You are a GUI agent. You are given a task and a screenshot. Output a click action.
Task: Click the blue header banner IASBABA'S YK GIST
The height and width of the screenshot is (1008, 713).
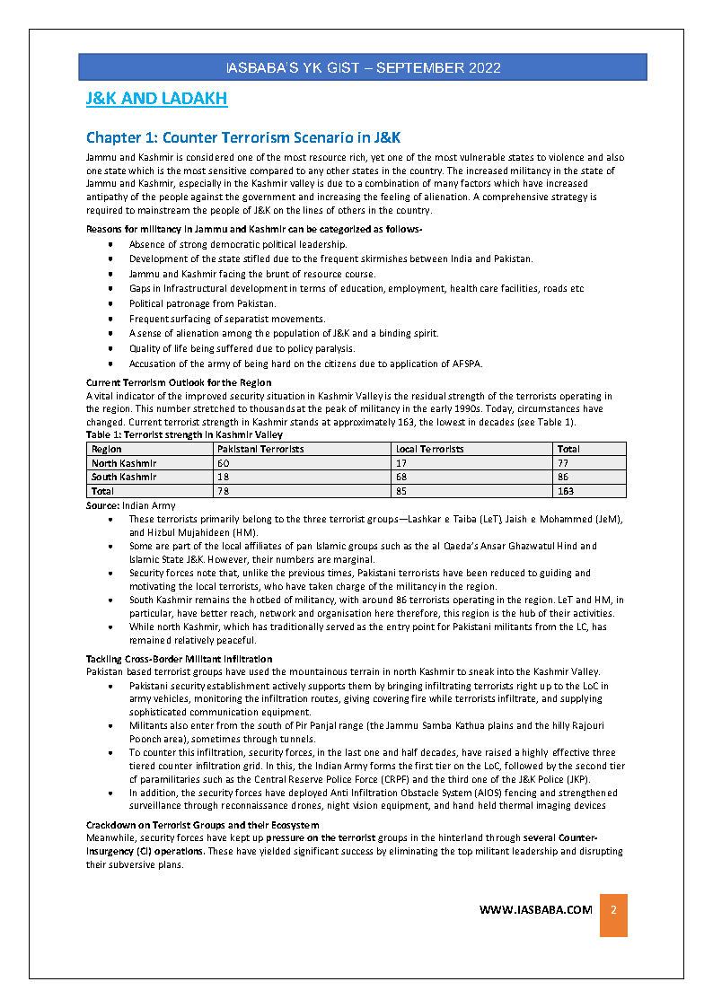tap(363, 67)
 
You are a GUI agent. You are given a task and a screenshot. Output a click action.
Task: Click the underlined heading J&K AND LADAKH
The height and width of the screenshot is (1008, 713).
tap(156, 99)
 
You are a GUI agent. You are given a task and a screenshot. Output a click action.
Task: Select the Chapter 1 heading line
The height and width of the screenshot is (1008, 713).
tap(242, 137)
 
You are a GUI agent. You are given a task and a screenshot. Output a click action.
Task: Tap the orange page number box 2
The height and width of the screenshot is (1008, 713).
tap(613, 910)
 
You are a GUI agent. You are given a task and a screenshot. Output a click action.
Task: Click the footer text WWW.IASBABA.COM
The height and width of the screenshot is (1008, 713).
tap(536, 909)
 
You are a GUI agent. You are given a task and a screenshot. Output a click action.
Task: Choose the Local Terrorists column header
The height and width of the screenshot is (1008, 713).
tap(430, 449)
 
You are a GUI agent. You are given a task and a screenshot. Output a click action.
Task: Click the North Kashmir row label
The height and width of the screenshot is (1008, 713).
tap(124, 463)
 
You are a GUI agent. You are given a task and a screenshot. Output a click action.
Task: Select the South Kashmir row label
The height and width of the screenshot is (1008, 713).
tap(124, 477)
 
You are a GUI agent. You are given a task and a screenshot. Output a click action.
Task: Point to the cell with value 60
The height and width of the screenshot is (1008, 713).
tap(224, 463)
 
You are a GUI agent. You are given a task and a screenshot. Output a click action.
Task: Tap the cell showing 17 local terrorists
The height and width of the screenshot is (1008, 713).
tap(401, 463)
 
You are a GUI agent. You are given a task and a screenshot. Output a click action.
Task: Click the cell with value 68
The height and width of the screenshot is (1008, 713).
tap(401, 477)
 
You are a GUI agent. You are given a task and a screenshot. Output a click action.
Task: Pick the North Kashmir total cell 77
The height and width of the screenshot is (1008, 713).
tap(563, 463)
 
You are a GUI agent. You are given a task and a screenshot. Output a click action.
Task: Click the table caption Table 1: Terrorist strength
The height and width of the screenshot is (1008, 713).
tap(184, 434)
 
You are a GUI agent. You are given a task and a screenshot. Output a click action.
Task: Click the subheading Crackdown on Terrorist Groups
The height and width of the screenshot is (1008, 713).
tap(202, 825)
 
